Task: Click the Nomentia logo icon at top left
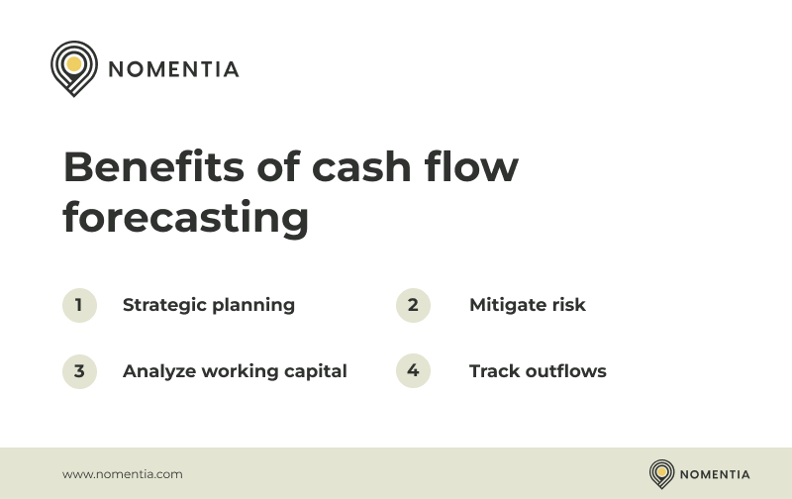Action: pyautogui.click(x=73, y=67)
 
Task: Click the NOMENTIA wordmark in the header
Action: pyautogui.click(x=173, y=69)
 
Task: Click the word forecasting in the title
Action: pyautogui.click(x=185, y=218)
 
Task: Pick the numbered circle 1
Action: pyautogui.click(x=79, y=305)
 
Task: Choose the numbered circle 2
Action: pyautogui.click(x=413, y=305)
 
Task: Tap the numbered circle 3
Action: pyautogui.click(x=79, y=371)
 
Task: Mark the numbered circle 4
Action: pyautogui.click(x=413, y=371)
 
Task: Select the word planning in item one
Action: pyautogui.click(x=252, y=306)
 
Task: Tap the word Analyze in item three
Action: pyautogui.click(x=159, y=372)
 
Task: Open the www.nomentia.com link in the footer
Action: pyautogui.click(x=123, y=474)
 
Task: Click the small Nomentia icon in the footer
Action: pyautogui.click(x=661, y=473)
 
